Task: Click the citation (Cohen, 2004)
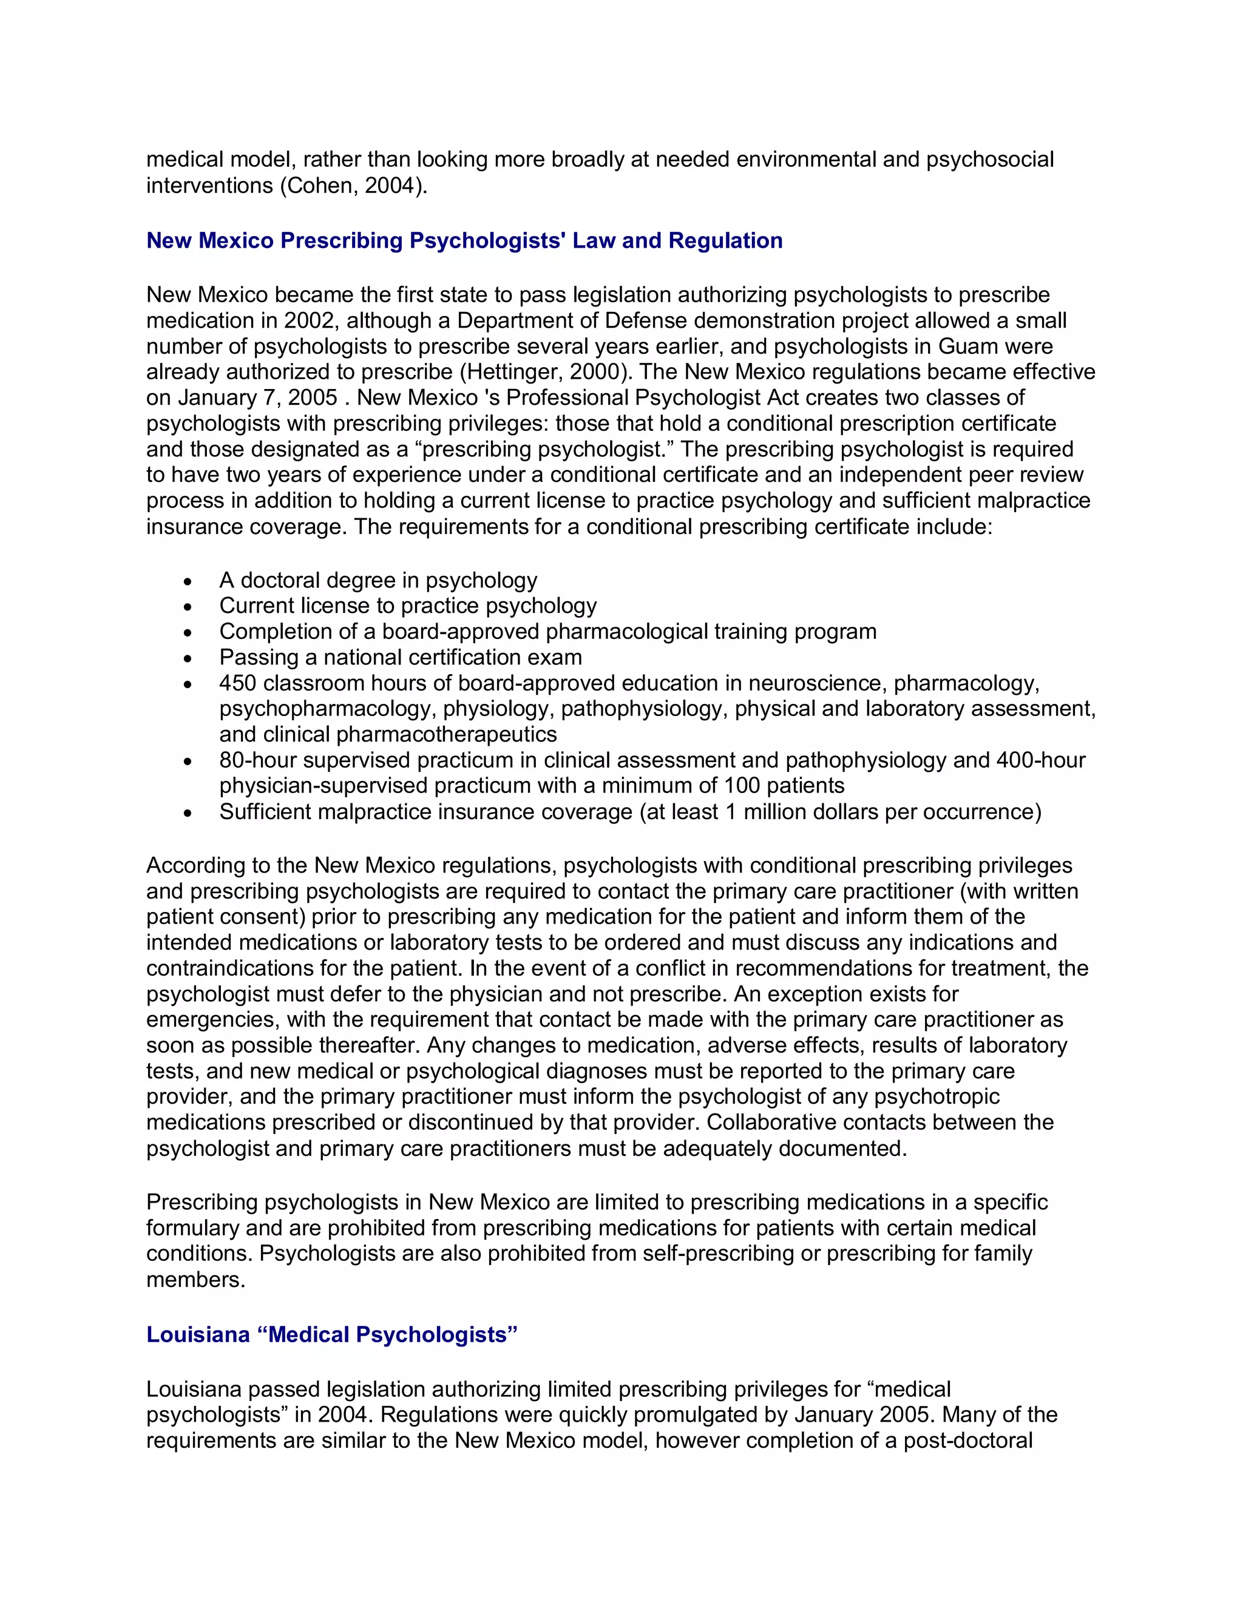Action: coord(352,186)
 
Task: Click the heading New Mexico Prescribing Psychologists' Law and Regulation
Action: coord(464,241)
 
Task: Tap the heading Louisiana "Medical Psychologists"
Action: coord(331,1335)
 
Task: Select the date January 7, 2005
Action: coord(258,397)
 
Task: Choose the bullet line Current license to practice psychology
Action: coord(407,606)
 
